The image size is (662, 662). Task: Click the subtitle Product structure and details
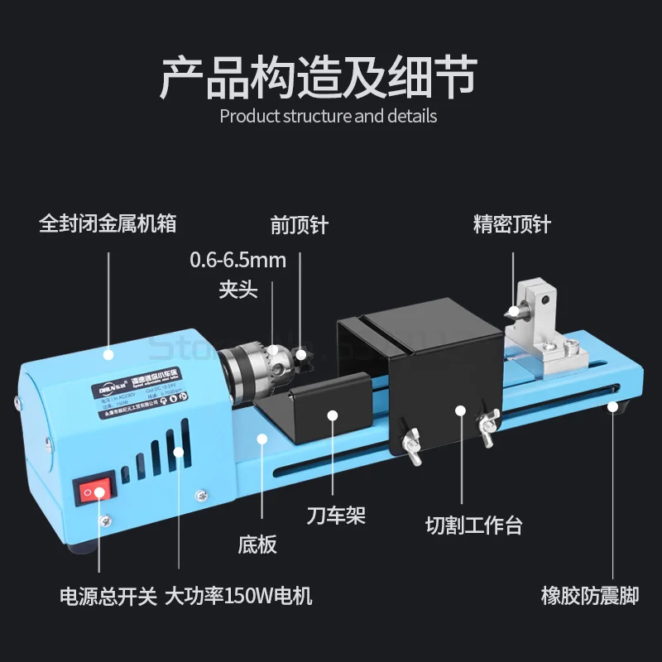[329, 116]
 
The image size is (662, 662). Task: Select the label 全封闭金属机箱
[108, 224]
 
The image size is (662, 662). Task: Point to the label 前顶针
[300, 225]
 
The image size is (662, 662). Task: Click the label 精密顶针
[511, 224]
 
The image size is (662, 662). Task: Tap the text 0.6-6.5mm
[238, 260]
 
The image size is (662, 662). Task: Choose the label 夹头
[238, 290]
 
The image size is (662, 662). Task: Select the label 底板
[257, 544]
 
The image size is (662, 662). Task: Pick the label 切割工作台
[474, 525]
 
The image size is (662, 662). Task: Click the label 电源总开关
[108, 597]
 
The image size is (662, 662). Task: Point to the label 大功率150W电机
[239, 597]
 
